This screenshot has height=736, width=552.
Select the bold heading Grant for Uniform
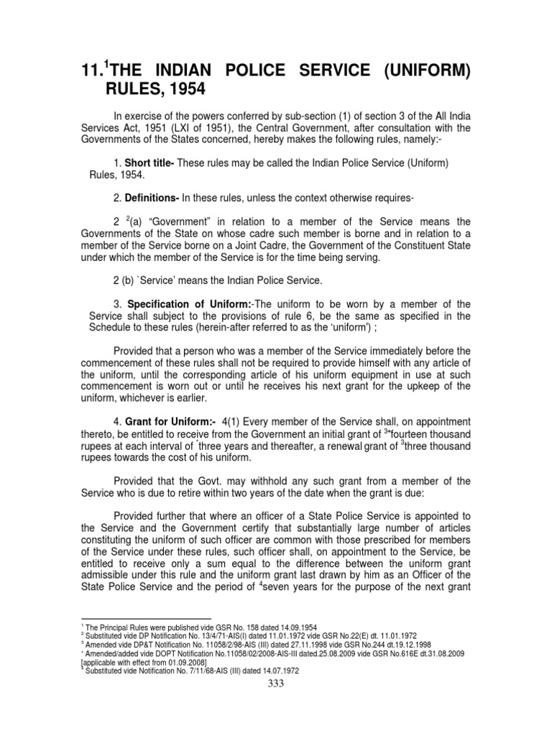(170, 421)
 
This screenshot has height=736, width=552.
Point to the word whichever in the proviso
(148, 397)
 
